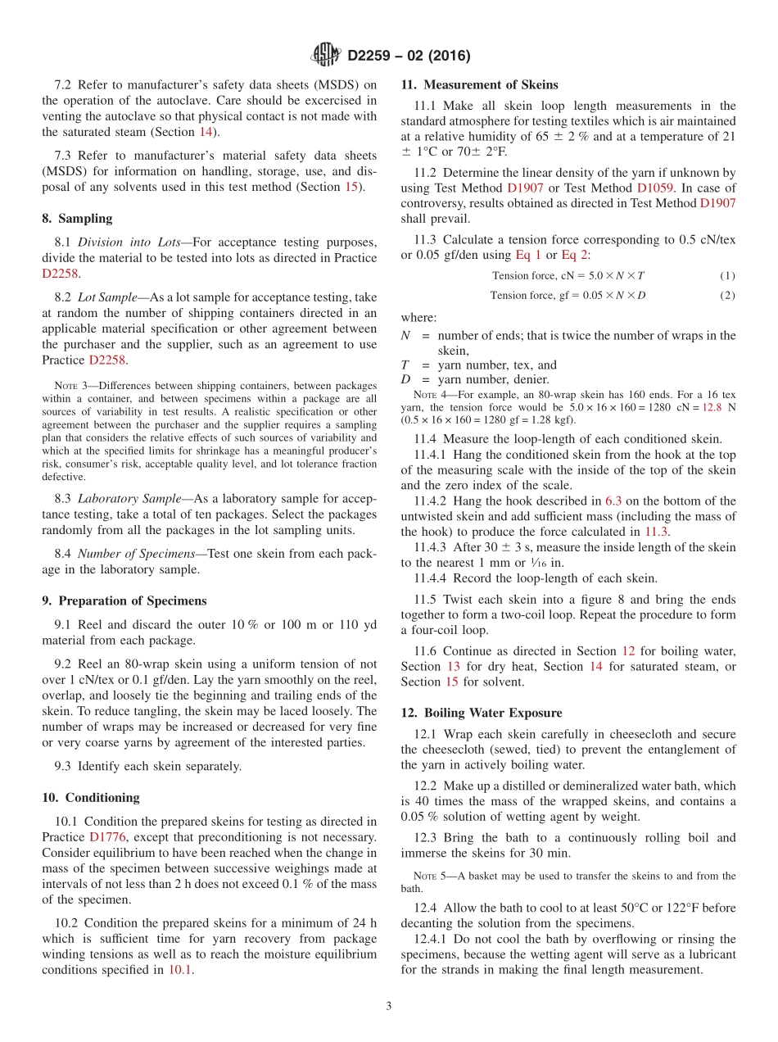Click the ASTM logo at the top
pos(326,55)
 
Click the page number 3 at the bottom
pos(389,1006)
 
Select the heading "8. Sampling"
pos(77,219)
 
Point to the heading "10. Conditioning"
pos(90,797)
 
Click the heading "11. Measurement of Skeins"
pos(479,84)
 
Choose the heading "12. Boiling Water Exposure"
pos(482,713)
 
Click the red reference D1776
pos(106,837)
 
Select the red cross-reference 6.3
pos(613,501)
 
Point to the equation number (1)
pos(727,275)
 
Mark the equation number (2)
pos(727,295)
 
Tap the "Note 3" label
pos(70,385)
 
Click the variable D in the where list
pos(405,379)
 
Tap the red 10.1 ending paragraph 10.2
pos(180,970)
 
